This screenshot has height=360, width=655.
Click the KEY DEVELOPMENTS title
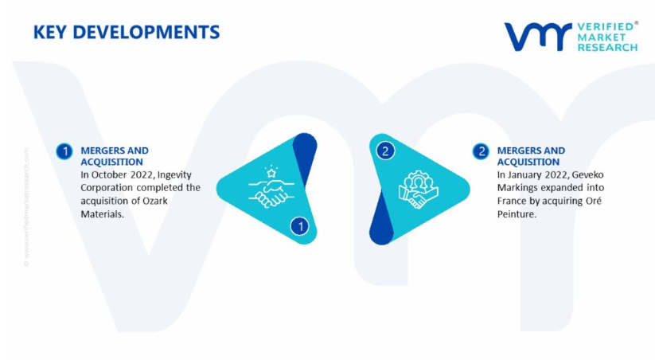127,32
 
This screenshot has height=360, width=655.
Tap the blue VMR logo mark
538,37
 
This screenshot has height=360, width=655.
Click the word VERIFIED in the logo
606,27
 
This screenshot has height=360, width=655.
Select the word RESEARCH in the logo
607,47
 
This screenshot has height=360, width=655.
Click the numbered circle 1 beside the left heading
64,151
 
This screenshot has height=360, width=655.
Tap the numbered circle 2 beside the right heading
481,151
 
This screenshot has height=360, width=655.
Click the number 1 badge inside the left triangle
300,227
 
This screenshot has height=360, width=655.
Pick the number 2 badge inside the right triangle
385,151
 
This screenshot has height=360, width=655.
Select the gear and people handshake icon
418,190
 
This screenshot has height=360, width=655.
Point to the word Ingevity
174,174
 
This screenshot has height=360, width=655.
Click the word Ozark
155,201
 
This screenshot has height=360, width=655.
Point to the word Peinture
517,214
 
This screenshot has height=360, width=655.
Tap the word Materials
103,214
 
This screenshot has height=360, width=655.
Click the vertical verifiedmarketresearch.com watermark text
26,207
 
